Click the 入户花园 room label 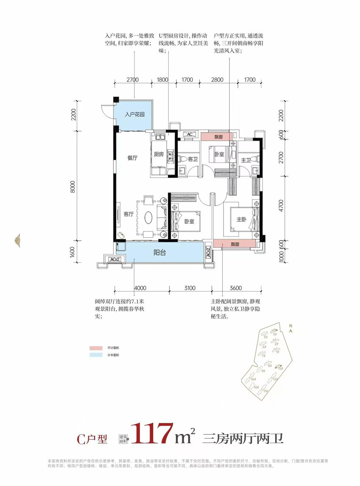click(135, 114)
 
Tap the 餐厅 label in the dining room click(133, 158)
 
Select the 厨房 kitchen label click(158, 155)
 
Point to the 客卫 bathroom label click(193, 159)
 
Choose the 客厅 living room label click(129, 214)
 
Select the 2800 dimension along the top click(217, 79)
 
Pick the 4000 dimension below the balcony click(140, 288)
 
